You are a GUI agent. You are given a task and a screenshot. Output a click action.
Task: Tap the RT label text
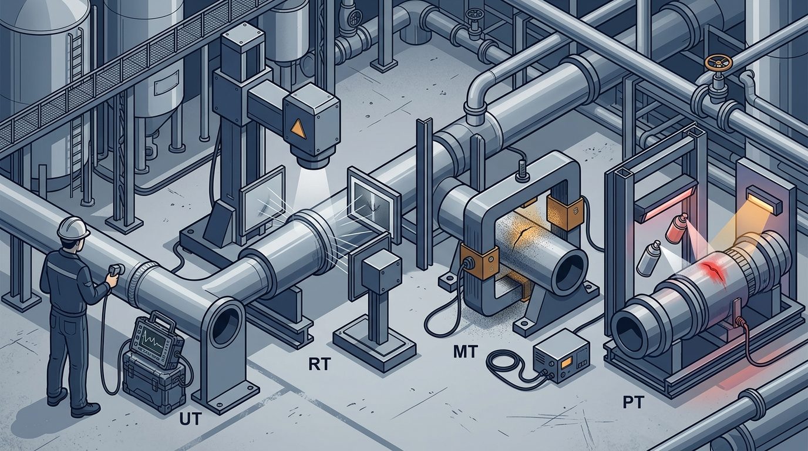[x=319, y=365]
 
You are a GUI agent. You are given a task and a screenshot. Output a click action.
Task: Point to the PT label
[x=634, y=403]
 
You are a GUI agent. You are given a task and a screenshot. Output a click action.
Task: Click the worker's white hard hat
[x=73, y=227]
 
